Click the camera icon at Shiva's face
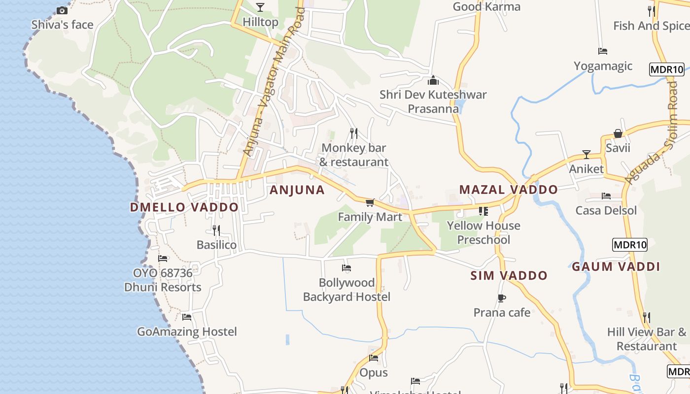[x=62, y=10]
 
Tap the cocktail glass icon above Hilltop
[x=260, y=7]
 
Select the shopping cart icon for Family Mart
[x=370, y=202]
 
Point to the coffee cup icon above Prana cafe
[x=502, y=298]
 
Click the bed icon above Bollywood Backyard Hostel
[x=346, y=268]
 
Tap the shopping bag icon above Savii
[x=618, y=133]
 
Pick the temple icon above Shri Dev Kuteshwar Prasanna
[x=433, y=80]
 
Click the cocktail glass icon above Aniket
[x=586, y=155]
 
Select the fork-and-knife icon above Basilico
[x=216, y=230]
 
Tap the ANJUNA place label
[x=297, y=190]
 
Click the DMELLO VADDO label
[x=184, y=207]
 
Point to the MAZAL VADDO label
[x=508, y=190]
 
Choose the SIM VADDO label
[x=509, y=276]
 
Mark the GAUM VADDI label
[x=616, y=267]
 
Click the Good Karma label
[x=486, y=7]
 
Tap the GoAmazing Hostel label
[x=187, y=332]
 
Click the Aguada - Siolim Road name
[x=653, y=133]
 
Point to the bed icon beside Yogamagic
[x=602, y=51]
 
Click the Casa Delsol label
[x=606, y=211]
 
